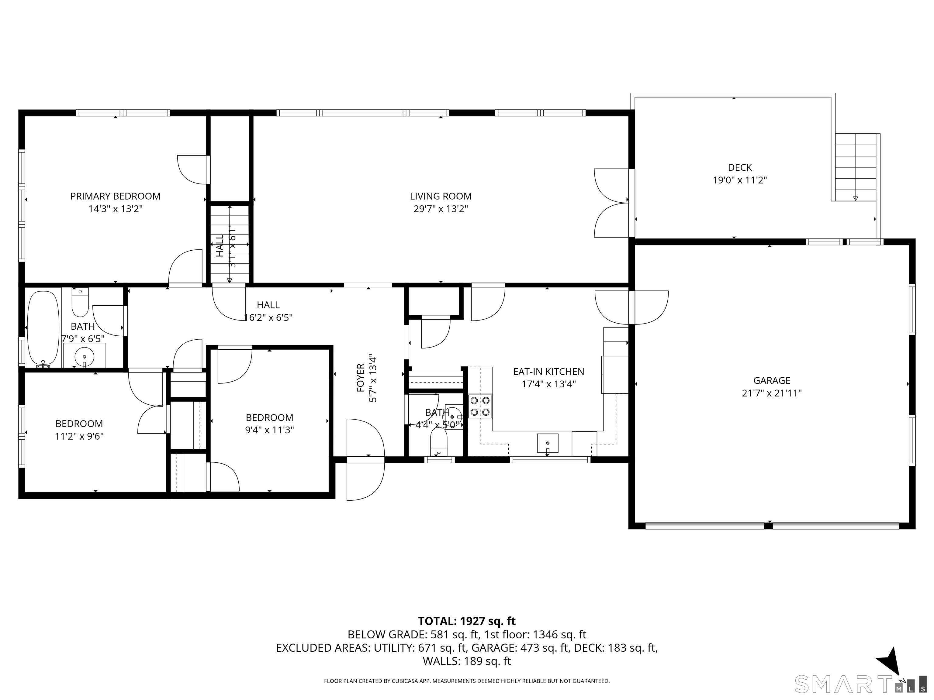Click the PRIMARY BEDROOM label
click(x=115, y=196)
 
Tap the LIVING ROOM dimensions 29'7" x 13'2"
click(x=441, y=209)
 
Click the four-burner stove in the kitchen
click(x=480, y=406)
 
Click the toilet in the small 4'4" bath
click(x=438, y=442)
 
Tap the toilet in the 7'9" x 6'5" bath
click(x=80, y=302)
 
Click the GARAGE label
click(x=771, y=381)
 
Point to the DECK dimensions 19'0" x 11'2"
click(x=740, y=180)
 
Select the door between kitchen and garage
click(x=631, y=307)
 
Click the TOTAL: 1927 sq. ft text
click(x=467, y=621)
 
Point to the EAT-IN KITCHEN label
click(x=548, y=372)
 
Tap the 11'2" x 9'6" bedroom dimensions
click(x=79, y=436)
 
